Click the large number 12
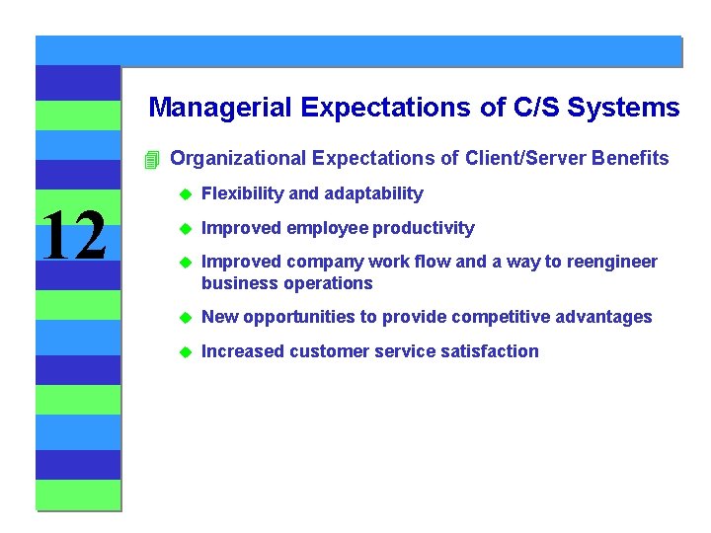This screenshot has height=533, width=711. click(74, 238)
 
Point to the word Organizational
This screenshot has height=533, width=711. click(237, 159)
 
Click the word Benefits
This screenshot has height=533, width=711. click(629, 159)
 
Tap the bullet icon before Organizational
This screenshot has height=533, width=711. click(150, 160)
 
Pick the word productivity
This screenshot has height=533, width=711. click(423, 228)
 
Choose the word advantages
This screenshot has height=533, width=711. click(603, 317)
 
